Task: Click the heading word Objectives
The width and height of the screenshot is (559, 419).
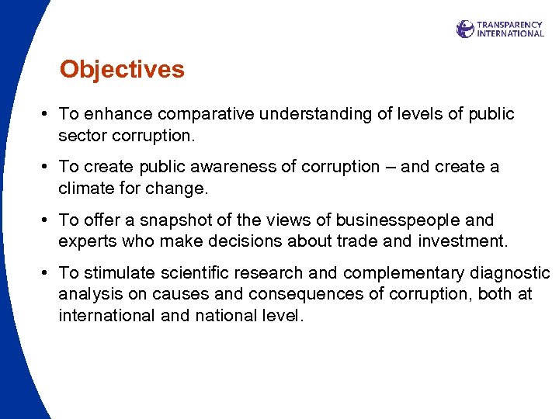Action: coord(122,70)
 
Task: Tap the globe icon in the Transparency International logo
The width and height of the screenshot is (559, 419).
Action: coord(465,29)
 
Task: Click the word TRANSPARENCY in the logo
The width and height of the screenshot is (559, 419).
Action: coord(510,25)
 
